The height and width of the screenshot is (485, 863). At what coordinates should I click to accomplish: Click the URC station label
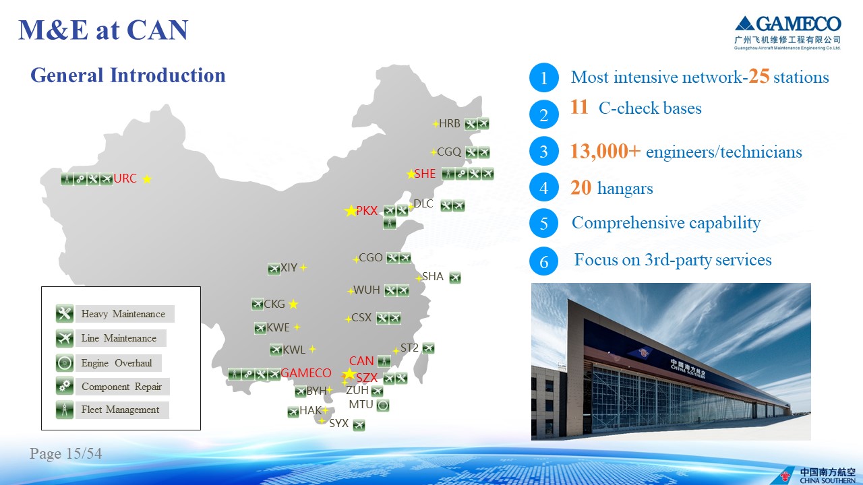pos(125,179)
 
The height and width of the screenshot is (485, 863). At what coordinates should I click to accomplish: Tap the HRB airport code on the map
pos(450,123)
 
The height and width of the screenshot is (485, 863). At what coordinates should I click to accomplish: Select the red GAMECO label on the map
pos(306,373)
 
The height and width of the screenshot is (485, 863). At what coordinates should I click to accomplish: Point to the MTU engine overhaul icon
pos(382,405)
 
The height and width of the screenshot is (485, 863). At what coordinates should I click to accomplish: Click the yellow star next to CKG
pos(293,304)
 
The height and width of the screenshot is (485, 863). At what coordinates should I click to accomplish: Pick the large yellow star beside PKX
pos(351,211)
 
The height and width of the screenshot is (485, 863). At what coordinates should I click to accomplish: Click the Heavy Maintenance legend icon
pos(64,314)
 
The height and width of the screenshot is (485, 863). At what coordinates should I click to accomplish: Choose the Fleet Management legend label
pos(120,410)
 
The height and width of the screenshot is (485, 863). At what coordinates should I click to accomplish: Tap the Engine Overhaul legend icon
pos(64,362)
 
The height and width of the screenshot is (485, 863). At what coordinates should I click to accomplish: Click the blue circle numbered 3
pos(543,152)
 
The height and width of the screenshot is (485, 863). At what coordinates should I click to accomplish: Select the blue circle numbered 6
pos(543,261)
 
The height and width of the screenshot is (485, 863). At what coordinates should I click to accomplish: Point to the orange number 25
pos(758,76)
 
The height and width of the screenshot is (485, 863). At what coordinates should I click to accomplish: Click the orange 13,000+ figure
pos(605,151)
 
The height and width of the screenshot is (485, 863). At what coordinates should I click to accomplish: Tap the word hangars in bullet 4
pos(625,189)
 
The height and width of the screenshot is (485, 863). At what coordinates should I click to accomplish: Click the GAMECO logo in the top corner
pos(788,33)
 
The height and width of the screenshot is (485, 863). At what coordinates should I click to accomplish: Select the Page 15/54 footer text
pos(66,453)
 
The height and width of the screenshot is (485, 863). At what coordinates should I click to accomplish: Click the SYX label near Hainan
pos(338,423)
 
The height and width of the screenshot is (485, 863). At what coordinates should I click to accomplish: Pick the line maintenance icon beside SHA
pos(455,278)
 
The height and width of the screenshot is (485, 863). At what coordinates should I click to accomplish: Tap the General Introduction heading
pos(128,75)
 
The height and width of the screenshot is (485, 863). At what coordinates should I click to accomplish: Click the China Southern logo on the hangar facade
pos(643,352)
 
